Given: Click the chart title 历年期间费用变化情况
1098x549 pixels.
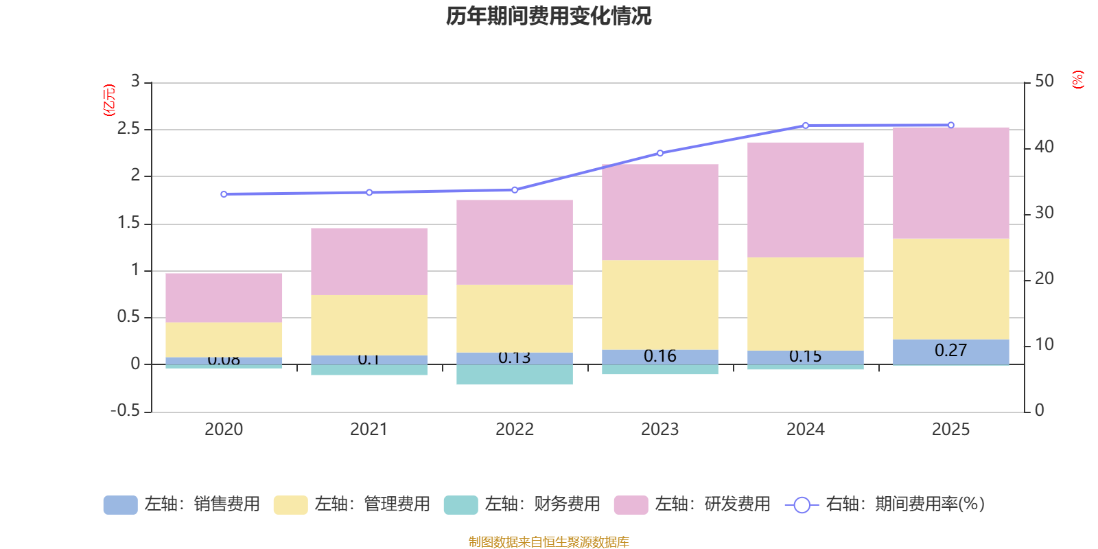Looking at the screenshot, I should [548, 16].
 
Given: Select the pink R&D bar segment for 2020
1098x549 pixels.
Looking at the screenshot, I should [224, 298].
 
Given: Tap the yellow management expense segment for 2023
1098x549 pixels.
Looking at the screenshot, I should [660, 305].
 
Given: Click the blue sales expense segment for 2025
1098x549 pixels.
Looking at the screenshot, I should [950, 351].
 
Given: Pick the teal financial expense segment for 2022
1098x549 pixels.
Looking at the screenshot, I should [515, 375].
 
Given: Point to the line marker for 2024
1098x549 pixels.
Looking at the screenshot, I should [805, 126].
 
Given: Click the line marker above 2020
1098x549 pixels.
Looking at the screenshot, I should [224, 194].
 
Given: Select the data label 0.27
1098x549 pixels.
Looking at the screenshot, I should [950, 351].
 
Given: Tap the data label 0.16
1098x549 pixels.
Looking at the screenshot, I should [660, 356].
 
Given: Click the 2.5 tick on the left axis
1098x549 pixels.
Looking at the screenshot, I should [128, 129].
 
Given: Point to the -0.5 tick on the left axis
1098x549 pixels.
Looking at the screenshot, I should [126, 410].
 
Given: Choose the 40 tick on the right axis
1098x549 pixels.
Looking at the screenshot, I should [1044, 147].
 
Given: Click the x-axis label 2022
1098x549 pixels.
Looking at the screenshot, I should [515, 430].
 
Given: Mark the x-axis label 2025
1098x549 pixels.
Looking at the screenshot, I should [950, 430].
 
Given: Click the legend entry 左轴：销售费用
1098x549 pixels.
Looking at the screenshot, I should [182, 504].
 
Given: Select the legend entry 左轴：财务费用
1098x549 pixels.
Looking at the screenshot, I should [522, 504].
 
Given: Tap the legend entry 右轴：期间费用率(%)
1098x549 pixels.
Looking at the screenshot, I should [885, 504].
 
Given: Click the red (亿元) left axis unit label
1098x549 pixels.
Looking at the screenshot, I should [109, 100].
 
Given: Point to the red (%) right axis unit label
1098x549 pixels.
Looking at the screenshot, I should [1077, 80].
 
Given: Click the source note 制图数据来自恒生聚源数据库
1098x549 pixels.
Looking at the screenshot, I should [548, 542].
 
